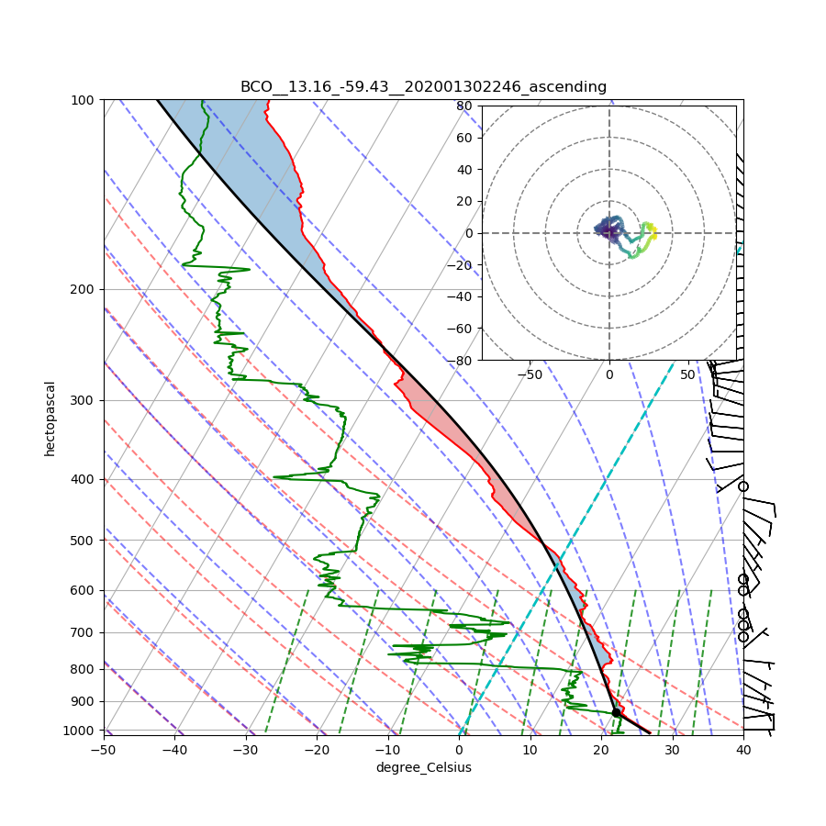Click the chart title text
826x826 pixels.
pyautogui.click(x=423, y=87)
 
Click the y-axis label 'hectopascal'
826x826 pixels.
pyautogui.click(x=50, y=418)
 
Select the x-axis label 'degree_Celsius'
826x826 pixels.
pyautogui.click(x=423, y=767)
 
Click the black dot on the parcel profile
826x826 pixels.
pyautogui.click(x=617, y=712)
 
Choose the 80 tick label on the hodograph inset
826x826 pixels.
pyautogui.click(x=464, y=106)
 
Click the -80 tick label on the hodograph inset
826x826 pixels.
pyautogui.click(x=462, y=361)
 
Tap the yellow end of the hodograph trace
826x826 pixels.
pyautogui.click(x=653, y=235)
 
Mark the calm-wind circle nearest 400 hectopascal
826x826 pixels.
pyautogui.click(x=743, y=486)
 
